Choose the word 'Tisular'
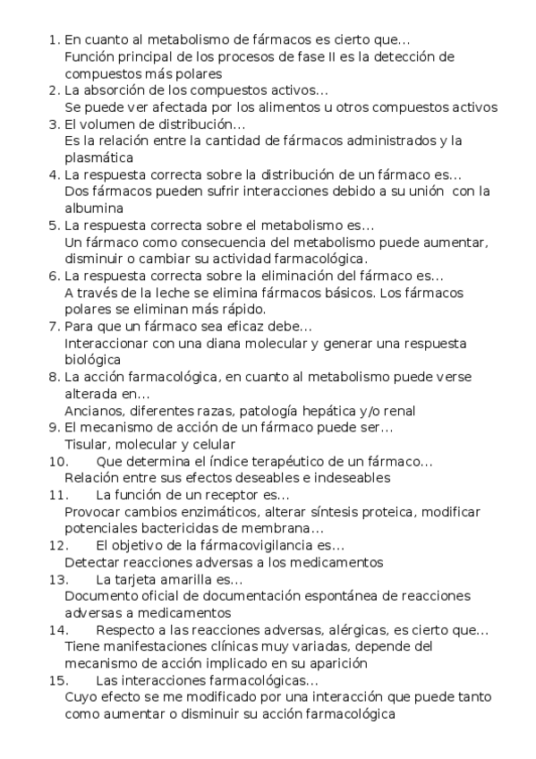click(x=88, y=444)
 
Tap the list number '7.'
click(x=55, y=326)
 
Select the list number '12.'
click(x=58, y=545)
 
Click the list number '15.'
click(x=58, y=680)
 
